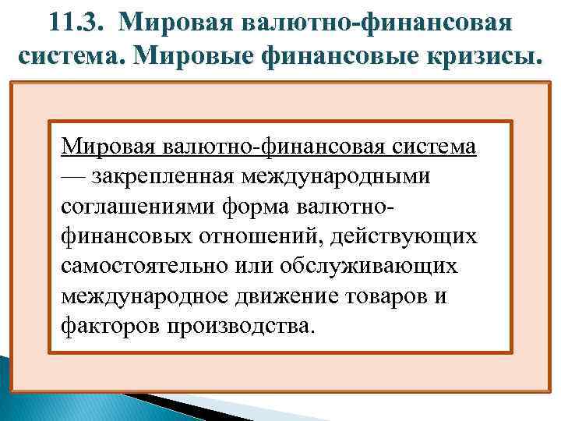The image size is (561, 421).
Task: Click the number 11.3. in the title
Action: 82,21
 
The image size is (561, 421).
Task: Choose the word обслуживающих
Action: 379,265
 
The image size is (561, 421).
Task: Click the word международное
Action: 145,295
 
